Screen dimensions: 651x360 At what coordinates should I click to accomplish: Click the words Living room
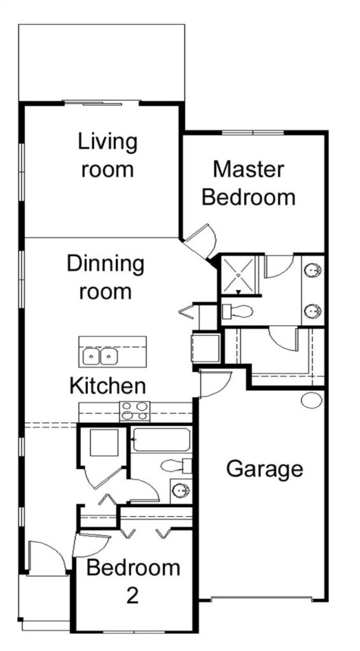tap(107, 155)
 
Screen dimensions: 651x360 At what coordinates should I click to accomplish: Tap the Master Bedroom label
tap(249, 183)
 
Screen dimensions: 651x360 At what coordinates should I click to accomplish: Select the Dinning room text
tap(106, 277)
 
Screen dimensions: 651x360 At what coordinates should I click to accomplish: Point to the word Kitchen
tap(107, 385)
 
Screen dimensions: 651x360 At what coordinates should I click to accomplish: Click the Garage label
tap(265, 469)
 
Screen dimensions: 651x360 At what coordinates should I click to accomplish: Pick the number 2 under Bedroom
tap(132, 595)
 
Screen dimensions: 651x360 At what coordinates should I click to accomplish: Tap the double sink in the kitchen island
tap(100, 356)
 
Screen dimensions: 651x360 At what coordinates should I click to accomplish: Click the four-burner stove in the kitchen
tap(134, 412)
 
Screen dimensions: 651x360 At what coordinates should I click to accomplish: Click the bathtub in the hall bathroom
tap(162, 440)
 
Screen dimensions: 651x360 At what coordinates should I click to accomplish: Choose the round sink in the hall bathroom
tap(181, 491)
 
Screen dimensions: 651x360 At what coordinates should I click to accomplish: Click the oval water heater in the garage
tap(312, 400)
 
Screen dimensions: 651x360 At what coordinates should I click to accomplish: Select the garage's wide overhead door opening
tap(261, 599)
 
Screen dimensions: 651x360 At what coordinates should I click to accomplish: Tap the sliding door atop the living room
tap(102, 102)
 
